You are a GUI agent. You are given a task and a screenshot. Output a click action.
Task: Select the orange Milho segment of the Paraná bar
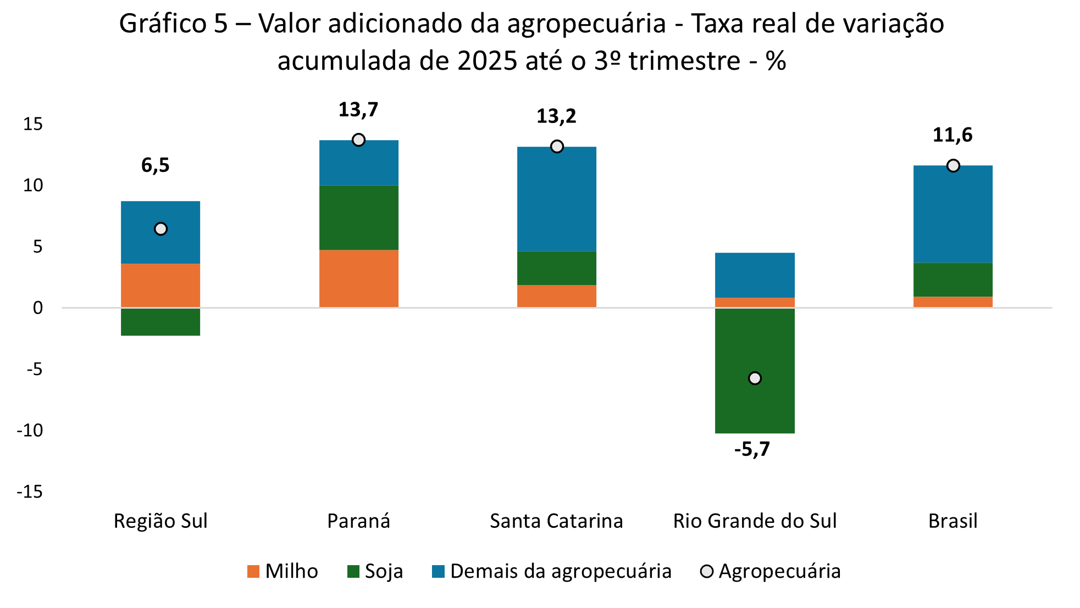click(x=358, y=278)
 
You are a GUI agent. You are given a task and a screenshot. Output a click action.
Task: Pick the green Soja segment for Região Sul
click(x=160, y=322)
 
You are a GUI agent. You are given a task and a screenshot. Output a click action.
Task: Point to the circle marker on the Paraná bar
click(x=358, y=140)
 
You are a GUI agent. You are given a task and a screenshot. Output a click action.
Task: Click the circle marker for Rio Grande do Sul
click(x=755, y=378)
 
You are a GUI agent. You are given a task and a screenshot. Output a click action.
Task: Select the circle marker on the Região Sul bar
click(x=160, y=229)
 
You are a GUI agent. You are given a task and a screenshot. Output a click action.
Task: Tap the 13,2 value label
click(x=556, y=116)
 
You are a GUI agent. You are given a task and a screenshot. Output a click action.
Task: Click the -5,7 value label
click(x=752, y=450)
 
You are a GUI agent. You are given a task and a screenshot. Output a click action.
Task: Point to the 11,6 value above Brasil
click(x=952, y=135)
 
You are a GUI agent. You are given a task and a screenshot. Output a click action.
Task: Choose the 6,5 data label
click(x=156, y=165)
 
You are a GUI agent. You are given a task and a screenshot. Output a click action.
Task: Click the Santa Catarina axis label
click(x=556, y=521)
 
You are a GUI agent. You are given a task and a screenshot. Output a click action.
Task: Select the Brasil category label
click(x=952, y=521)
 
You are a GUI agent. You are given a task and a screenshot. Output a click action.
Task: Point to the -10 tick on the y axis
click(x=30, y=430)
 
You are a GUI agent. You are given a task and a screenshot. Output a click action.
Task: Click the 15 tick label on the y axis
click(x=32, y=124)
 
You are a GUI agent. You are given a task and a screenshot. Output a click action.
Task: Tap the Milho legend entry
click(x=283, y=571)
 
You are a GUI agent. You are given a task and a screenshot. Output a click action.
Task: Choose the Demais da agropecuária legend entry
click(x=552, y=571)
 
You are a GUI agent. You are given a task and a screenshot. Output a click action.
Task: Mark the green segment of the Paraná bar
click(x=358, y=217)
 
